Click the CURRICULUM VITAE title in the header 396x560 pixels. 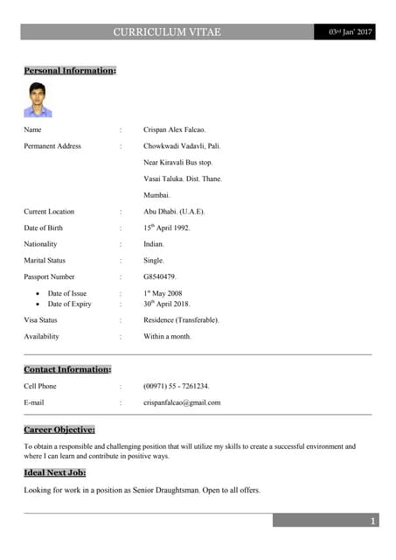167,32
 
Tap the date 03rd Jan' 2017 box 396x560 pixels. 350,32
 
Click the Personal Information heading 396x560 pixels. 70,70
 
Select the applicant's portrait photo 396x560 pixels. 38,100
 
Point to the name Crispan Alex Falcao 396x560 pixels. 175,129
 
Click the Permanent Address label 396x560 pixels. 52,146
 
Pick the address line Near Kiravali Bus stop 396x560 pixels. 178,163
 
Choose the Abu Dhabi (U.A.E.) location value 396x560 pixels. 174,212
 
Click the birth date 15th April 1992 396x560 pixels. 166,227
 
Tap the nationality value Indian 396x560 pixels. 154,244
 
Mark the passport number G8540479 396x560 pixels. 160,276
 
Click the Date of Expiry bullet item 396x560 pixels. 69,304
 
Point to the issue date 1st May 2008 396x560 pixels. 163,293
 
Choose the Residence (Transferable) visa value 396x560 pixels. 181,320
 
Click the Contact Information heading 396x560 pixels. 67,369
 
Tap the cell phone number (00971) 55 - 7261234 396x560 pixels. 177,386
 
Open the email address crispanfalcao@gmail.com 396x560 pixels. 182,402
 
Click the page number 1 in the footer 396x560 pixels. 373,521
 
